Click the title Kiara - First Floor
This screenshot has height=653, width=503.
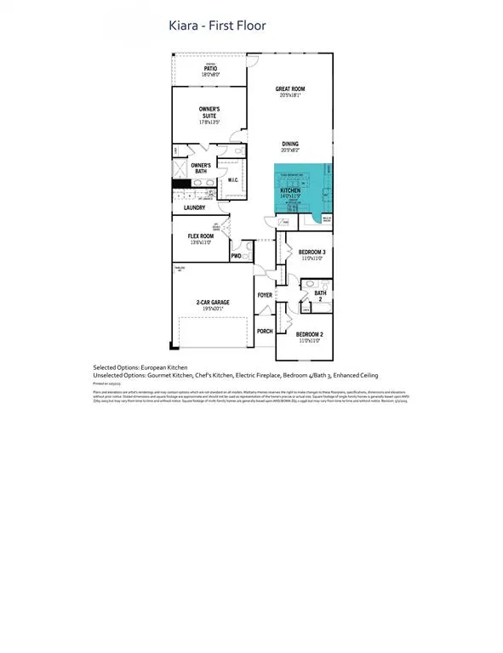point(218,26)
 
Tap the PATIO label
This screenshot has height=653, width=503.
point(210,67)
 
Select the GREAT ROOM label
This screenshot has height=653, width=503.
point(290,88)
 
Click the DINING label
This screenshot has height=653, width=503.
point(290,144)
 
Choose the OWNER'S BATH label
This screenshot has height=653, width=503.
point(200,168)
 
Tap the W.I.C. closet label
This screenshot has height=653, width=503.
point(233,180)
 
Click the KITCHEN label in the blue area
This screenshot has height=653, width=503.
point(290,191)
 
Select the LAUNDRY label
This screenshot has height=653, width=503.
point(194,207)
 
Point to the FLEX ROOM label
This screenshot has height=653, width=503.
point(199,236)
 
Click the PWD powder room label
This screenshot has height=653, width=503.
point(236,256)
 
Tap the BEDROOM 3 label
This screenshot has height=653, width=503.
point(312,252)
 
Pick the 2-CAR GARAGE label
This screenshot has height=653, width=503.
point(213,302)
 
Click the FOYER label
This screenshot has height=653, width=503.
point(265,295)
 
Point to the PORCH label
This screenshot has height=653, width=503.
point(265,331)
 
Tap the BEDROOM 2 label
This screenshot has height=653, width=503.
point(309,334)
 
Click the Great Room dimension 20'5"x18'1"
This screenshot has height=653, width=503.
point(290,95)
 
